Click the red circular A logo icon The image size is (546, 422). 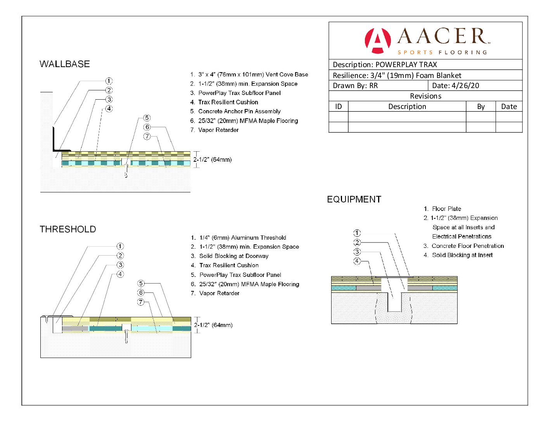(377, 40)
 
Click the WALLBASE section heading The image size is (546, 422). (65, 64)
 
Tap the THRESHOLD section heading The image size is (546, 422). (68, 229)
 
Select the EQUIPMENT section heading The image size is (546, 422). (354, 199)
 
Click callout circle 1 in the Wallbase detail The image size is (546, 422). (109, 81)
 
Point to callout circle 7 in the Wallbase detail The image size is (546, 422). (147, 137)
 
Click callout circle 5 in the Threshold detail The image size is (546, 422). (141, 284)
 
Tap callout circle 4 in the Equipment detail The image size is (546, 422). (357, 261)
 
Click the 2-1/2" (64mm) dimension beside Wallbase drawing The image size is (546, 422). (213, 159)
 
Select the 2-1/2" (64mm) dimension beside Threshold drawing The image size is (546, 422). (213, 325)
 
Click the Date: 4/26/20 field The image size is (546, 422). (456, 86)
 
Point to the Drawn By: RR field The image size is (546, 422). (355, 86)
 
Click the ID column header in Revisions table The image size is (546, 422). (339, 107)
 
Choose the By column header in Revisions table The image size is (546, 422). (481, 107)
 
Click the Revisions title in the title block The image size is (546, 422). (425, 96)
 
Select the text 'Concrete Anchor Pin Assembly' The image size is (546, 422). (239, 111)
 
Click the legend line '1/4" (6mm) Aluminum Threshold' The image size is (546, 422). (243, 238)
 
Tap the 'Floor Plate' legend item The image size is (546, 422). (446, 209)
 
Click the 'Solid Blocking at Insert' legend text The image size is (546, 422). (462, 255)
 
